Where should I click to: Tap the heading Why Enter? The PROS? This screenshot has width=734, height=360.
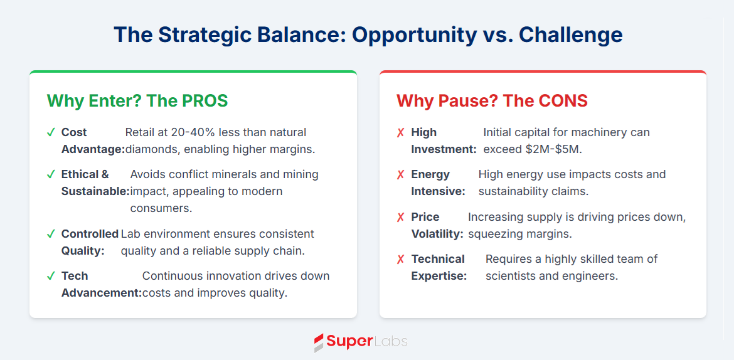[137, 101]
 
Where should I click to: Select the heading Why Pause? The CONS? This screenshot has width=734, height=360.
[492, 101]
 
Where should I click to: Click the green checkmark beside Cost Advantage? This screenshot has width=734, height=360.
[51, 132]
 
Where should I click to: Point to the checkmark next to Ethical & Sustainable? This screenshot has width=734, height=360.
[51, 174]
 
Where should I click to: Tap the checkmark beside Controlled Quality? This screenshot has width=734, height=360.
[51, 233]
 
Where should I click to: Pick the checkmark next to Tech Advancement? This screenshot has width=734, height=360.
[51, 276]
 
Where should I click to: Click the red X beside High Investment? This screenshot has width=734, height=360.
[400, 132]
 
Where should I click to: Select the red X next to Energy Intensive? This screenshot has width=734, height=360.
[400, 174]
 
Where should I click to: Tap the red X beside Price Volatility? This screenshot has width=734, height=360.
[400, 217]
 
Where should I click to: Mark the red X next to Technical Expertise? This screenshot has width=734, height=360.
[400, 259]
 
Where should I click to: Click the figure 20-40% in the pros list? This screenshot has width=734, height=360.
[178, 132]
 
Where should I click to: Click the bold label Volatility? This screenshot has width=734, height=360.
[437, 233]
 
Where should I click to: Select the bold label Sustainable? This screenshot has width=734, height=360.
[95, 191]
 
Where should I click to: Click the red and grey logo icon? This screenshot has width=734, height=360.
[319, 342]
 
